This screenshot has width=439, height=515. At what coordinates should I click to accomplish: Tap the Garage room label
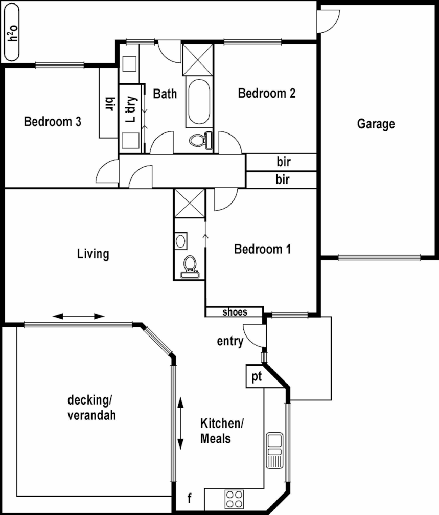coord(376,124)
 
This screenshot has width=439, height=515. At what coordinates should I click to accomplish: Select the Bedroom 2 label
coord(267,94)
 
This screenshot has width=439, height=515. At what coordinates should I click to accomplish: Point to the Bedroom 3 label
coord(53,122)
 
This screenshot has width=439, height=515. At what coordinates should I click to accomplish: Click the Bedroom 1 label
coord(262,250)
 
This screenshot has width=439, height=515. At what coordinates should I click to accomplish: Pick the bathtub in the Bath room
coord(198,102)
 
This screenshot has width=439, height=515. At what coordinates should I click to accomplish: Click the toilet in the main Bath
coord(198,139)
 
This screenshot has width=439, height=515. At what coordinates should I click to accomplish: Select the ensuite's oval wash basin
coord(180,239)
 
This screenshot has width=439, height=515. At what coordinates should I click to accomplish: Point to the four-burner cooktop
coord(235,498)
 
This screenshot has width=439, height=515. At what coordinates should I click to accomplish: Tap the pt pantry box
coord(256,377)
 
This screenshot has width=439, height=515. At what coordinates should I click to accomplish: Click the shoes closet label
coord(235,312)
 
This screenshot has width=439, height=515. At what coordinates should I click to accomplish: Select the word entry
coord(230,341)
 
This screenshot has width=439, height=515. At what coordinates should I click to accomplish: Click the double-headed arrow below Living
coord(79,316)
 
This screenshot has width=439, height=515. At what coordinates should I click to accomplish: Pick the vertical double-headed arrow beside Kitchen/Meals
coord(181,424)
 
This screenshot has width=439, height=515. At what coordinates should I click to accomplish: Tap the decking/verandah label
coord(91,407)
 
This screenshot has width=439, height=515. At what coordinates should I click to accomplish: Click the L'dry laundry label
coord(131,109)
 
